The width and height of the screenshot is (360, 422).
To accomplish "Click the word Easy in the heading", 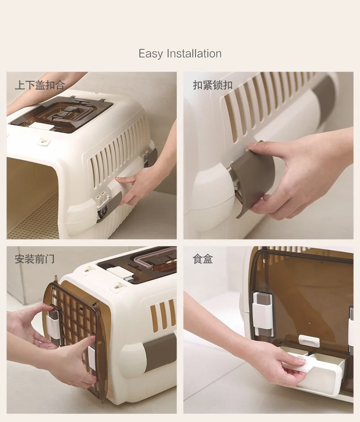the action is [150, 54].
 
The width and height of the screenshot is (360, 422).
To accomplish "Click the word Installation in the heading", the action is [194, 53].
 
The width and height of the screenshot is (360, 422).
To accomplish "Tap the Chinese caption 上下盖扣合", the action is [40, 85].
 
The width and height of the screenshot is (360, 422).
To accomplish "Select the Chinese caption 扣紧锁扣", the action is [213, 85].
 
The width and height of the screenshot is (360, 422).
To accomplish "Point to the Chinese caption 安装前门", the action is [35, 259].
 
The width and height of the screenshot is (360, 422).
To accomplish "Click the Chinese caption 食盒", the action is [203, 259].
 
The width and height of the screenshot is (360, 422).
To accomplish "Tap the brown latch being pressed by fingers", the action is [252, 177].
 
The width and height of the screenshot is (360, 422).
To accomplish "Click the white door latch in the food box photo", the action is [262, 314].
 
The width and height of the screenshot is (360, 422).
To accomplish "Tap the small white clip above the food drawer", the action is [309, 340].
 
